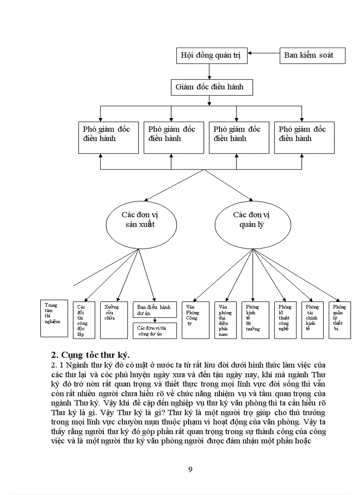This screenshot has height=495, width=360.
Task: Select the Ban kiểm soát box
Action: click(312, 56)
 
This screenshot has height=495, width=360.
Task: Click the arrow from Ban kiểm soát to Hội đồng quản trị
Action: click(263, 55)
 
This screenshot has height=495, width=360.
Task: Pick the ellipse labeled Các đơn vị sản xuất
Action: click(140, 219)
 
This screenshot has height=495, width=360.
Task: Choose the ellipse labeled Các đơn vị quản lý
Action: click(252, 219)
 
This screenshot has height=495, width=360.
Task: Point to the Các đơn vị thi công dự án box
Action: click(154, 331)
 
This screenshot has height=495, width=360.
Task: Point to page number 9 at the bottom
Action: click(190, 469)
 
